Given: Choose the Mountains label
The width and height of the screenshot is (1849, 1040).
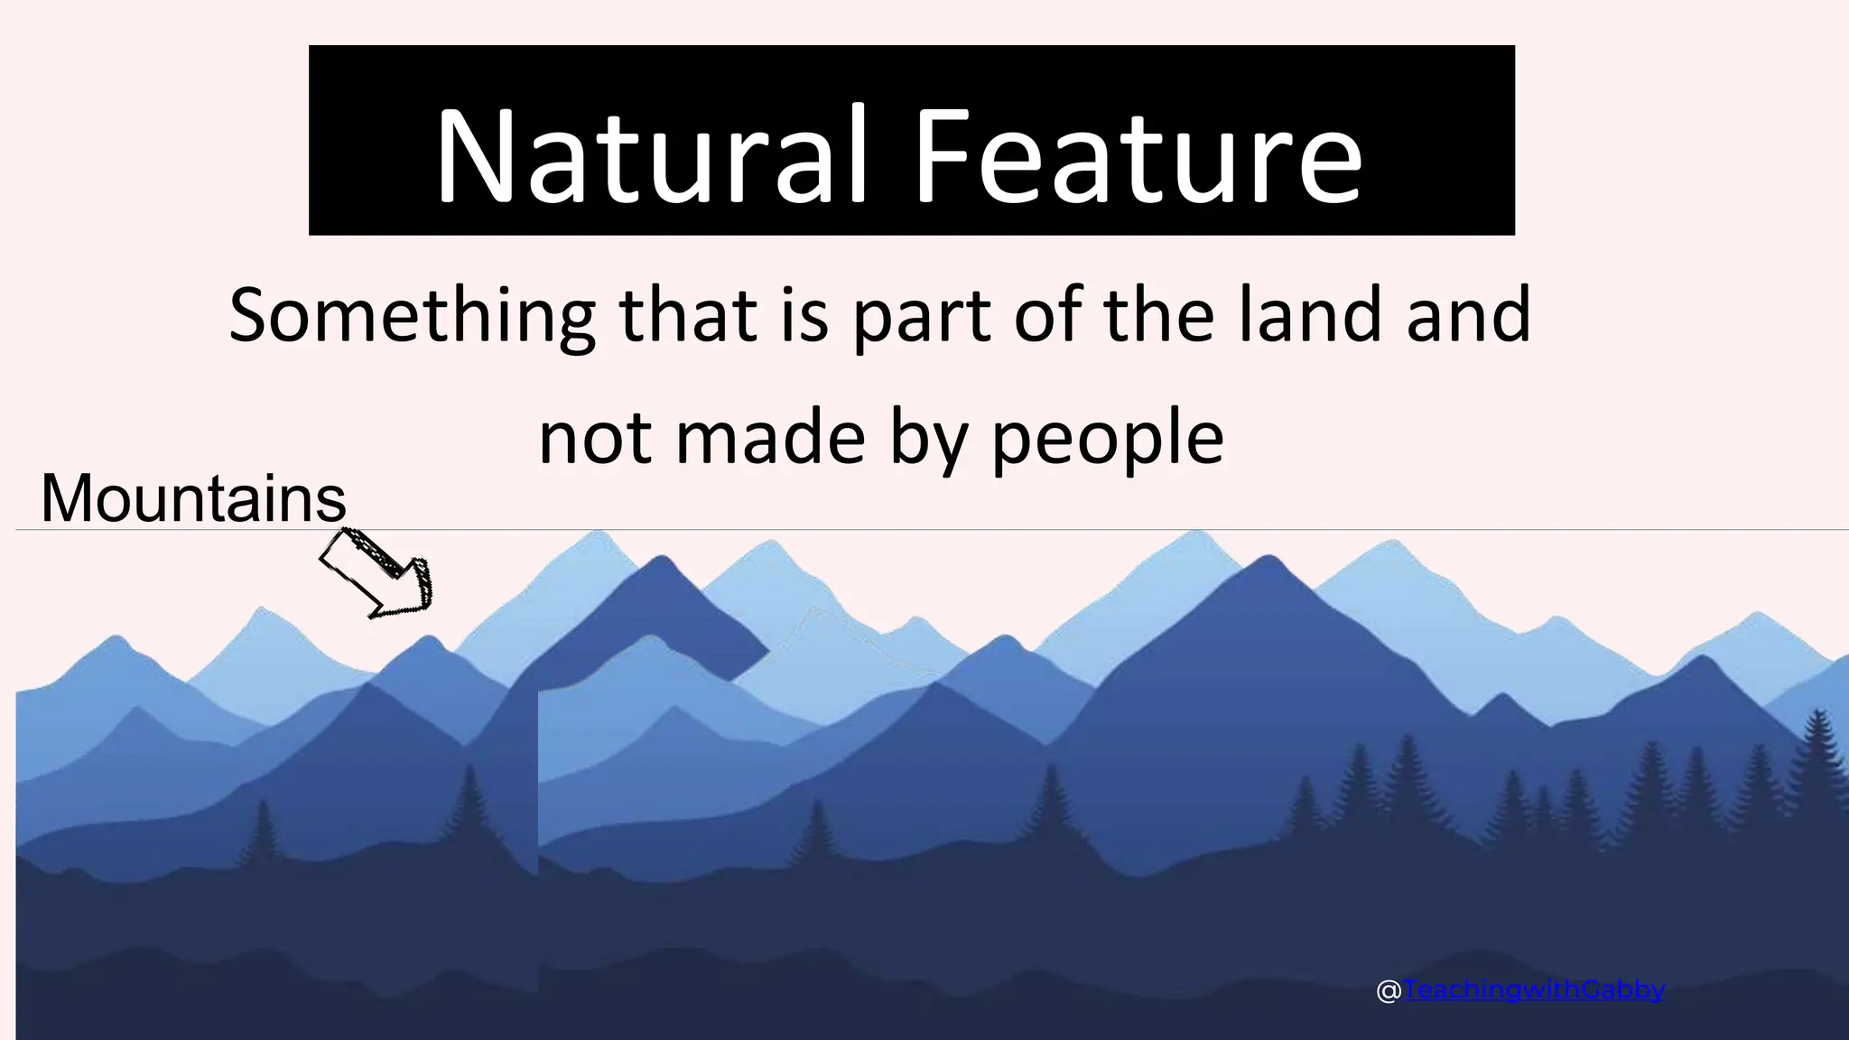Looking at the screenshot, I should tap(193, 498).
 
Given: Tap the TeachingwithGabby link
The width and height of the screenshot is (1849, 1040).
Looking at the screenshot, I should tap(1533, 990).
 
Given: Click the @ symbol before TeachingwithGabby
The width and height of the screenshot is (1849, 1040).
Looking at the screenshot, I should tap(1389, 991).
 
